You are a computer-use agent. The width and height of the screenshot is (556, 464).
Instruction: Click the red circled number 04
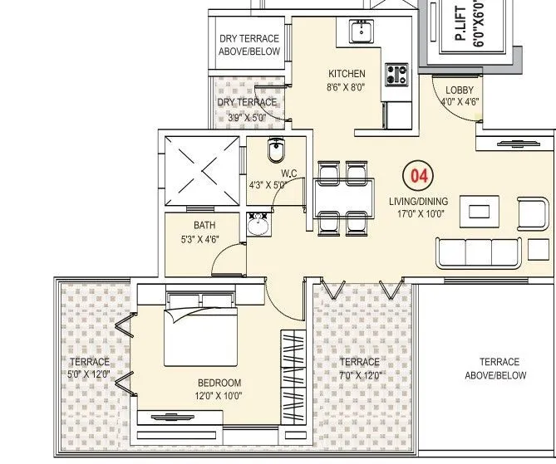click(x=418, y=177)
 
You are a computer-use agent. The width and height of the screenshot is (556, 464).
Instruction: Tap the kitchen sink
click(x=361, y=32)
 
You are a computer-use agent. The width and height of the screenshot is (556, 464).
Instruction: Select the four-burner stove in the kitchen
click(x=396, y=75)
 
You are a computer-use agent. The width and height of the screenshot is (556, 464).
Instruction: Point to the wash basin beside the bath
click(x=258, y=226)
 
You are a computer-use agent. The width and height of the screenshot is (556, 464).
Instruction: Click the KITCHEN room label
click(x=347, y=74)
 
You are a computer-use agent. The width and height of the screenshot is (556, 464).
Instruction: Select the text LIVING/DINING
click(x=418, y=201)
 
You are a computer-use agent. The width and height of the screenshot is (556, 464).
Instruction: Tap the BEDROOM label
click(x=219, y=383)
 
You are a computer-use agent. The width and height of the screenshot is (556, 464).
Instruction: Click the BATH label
click(x=204, y=225)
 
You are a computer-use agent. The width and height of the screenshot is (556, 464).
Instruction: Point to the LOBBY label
click(x=460, y=90)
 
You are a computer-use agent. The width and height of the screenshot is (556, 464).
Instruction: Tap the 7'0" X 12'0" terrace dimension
click(x=359, y=374)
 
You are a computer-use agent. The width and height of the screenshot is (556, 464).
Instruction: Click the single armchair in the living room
click(x=534, y=212)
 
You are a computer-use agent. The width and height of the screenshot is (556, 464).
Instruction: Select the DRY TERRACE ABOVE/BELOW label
click(x=249, y=45)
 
